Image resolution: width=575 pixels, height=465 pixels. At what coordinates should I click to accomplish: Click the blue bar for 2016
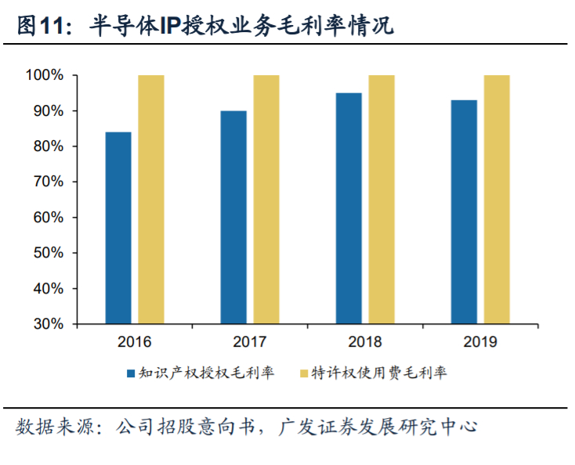point(118,228)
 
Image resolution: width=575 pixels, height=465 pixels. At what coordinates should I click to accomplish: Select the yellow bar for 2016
point(151,200)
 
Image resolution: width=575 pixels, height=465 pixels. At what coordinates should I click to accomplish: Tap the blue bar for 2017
point(233,217)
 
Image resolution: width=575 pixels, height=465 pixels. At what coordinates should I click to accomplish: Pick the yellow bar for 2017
point(266,200)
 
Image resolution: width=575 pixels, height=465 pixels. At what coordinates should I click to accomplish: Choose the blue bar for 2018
point(349,208)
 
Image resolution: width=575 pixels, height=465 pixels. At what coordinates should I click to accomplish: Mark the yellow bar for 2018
point(382,200)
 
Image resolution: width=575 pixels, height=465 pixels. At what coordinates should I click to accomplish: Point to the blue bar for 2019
point(464,211)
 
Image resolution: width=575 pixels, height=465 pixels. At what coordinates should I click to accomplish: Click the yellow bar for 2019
point(497,200)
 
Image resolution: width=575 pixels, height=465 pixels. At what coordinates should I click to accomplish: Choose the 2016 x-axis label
point(135,342)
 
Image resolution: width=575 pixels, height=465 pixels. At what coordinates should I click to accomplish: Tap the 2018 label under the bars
point(365,342)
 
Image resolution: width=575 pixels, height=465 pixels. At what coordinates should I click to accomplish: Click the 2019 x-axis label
point(480,342)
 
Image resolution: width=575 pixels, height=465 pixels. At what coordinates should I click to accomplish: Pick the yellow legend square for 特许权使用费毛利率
point(305,373)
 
